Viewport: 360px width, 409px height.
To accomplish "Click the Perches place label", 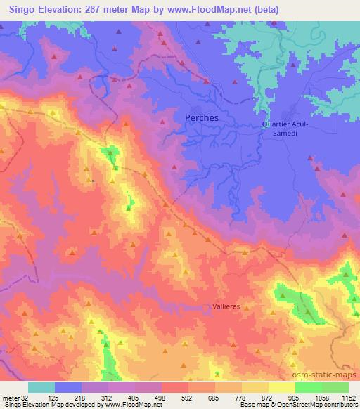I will (201, 118).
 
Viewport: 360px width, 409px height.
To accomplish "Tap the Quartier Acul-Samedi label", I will (285, 129).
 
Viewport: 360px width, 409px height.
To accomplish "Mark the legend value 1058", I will (321, 397).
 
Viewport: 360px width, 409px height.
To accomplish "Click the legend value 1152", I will (348, 397).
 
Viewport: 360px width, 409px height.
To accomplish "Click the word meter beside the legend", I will (11, 397).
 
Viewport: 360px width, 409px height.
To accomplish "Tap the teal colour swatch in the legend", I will (41, 387).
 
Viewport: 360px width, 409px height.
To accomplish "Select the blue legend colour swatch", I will (68, 387).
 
